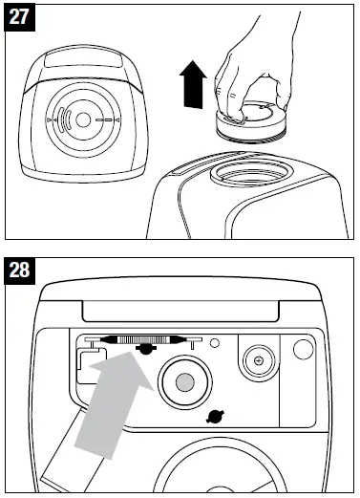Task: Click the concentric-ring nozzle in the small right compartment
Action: (x=255, y=361)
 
